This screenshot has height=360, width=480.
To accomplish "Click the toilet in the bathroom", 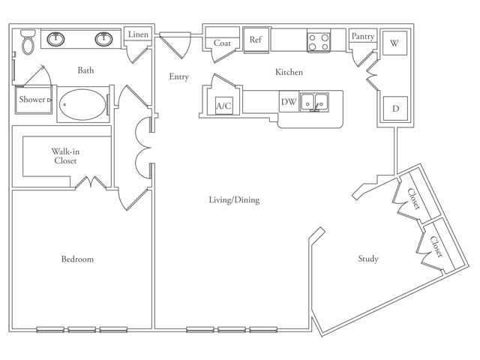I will coord(28,43).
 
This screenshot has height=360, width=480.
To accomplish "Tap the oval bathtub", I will coord(82,103).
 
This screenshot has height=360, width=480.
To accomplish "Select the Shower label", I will coord(32,99).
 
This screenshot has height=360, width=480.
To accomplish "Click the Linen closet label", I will coord(138,34).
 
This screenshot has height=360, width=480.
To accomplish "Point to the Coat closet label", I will coord(223,43).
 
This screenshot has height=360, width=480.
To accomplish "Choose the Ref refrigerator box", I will coord(256,40).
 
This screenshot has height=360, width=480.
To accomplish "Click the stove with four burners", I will coord(319,41).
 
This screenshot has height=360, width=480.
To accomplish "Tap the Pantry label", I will coord(363,36).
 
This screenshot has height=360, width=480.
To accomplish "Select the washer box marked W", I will coord(394,43).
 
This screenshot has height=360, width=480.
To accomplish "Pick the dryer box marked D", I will coord(394,108).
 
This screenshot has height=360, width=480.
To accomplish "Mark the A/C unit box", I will coord(223,106).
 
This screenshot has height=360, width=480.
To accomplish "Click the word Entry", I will coord(178,76).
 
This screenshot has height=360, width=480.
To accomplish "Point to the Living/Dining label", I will coord(234,200).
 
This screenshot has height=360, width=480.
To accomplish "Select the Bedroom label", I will coord(77,259).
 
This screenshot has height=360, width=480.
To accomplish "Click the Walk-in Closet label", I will coord(65,155).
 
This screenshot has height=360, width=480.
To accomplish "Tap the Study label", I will coord(367,259).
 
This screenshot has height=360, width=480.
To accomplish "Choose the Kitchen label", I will coord(289,73).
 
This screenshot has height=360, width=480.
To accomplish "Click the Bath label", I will coord(85,71).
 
